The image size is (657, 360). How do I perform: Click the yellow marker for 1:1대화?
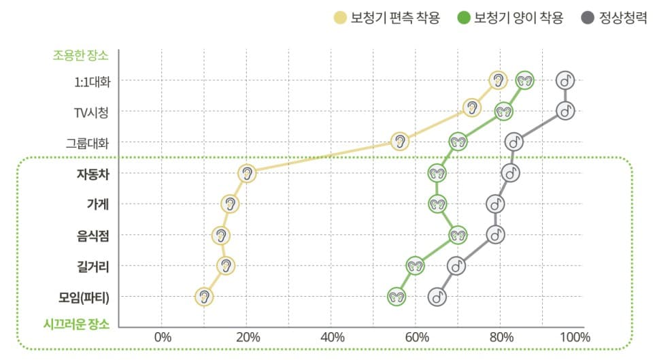click(x=499, y=80)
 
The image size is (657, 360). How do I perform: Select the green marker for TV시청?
click(x=503, y=111)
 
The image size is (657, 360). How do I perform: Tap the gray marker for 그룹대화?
click(x=515, y=142)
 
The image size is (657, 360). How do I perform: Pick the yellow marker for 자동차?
click(x=248, y=173)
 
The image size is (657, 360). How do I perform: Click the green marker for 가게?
click(x=437, y=203)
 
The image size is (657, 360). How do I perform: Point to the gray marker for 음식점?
click(x=495, y=235)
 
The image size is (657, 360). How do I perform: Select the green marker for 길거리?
click(x=415, y=265)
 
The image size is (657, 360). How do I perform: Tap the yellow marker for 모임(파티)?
click(x=203, y=297)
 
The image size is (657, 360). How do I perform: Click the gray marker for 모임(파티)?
click(x=438, y=297)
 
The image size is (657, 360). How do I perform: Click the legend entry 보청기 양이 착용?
click(x=509, y=18)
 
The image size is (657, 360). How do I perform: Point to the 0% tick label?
click(x=163, y=336)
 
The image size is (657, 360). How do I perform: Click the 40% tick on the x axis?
click(x=332, y=336)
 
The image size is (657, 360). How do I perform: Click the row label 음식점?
click(x=93, y=235)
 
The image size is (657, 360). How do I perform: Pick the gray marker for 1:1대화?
click(x=565, y=80)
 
